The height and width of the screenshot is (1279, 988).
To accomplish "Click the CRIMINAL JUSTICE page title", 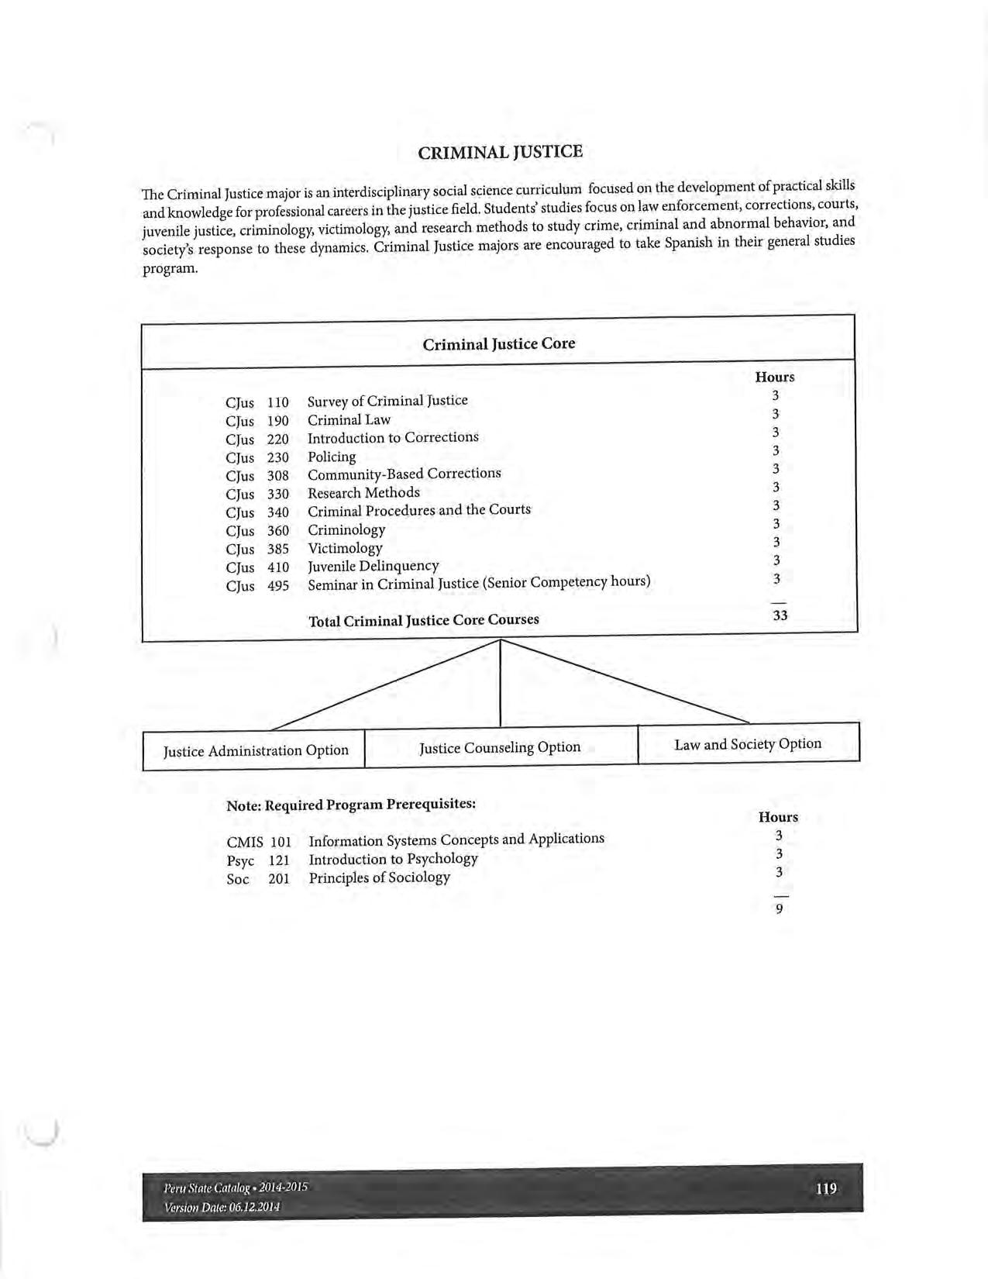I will (x=500, y=152).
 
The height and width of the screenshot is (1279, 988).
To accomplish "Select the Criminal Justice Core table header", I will (x=499, y=343).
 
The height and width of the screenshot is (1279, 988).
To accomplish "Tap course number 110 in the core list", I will (x=277, y=402).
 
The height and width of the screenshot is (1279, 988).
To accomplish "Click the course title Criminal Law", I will (x=349, y=420).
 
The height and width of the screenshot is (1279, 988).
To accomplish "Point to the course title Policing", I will (x=332, y=457).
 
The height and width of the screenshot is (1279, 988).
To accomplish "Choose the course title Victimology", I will (x=345, y=548).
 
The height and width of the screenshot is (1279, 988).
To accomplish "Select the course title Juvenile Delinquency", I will (x=373, y=567).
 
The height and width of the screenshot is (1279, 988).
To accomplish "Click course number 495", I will (x=277, y=586).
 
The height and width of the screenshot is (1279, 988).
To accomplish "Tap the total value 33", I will (x=780, y=615).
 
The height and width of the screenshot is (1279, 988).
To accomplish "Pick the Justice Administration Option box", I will (x=256, y=750).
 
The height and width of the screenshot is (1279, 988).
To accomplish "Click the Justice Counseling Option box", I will (x=500, y=747).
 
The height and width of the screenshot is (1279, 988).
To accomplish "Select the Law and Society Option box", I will (x=748, y=744).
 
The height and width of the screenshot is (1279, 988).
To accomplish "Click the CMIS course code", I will (x=244, y=842).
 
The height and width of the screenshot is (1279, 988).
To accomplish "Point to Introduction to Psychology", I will (x=393, y=859).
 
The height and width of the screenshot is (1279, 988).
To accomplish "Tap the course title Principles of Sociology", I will (x=379, y=877).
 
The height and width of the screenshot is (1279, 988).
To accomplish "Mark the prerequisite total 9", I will (x=779, y=909).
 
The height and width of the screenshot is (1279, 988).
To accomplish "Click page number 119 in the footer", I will (x=826, y=1188).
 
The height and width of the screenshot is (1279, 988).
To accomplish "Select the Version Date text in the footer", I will (x=222, y=1207).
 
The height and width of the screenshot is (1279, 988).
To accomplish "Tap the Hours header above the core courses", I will (x=774, y=377).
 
